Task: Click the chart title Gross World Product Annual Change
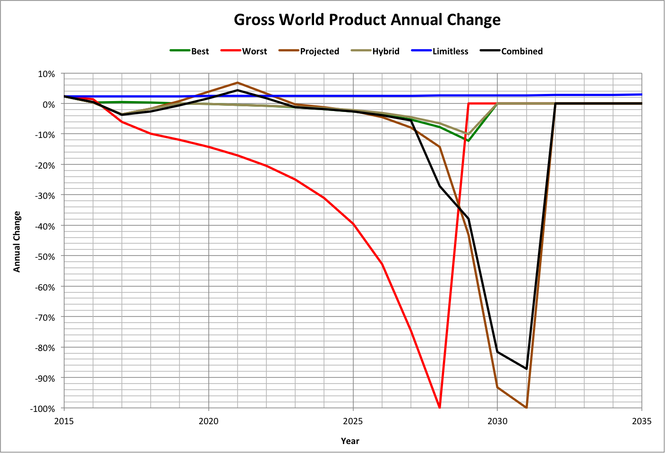click(367, 20)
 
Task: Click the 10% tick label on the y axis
click(46, 74)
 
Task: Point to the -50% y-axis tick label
click(45, 257)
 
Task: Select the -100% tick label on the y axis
click(43, 409)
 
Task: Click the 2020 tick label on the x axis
click(208, 421)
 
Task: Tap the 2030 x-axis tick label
click(497, 421)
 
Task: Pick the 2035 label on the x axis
click(641, 421)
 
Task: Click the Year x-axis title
click(350, 441)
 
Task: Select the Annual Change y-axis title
click(17, 241)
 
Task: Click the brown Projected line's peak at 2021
click(237, 83)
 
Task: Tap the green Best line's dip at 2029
click(468, 141)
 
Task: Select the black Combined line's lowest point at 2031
click(526, 368)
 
